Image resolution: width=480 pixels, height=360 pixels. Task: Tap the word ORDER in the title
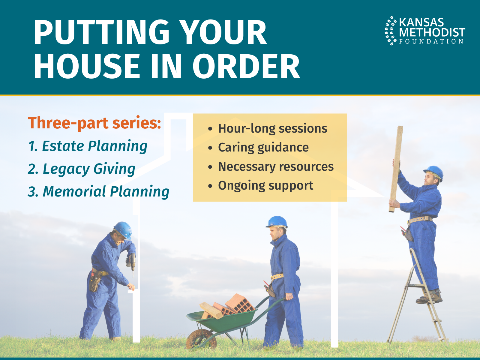246,66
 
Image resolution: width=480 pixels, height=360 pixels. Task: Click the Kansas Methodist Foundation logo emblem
391,31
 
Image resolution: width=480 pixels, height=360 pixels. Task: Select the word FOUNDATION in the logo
431,41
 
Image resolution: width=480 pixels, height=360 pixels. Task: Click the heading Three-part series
94,123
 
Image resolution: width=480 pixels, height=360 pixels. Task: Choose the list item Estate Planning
88,146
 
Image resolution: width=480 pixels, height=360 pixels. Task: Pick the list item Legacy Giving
82,169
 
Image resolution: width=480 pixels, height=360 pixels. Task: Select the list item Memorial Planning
99,192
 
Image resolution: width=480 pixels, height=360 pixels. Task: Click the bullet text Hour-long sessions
273,128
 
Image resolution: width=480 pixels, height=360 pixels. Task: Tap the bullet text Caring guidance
263,147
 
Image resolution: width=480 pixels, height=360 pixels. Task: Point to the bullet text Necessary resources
276,166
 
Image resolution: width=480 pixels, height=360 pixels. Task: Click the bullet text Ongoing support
265,186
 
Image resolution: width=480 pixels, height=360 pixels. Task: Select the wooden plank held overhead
396,169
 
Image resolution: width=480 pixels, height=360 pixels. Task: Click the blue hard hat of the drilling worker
123,230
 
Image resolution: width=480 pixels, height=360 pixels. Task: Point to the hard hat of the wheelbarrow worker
277,222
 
